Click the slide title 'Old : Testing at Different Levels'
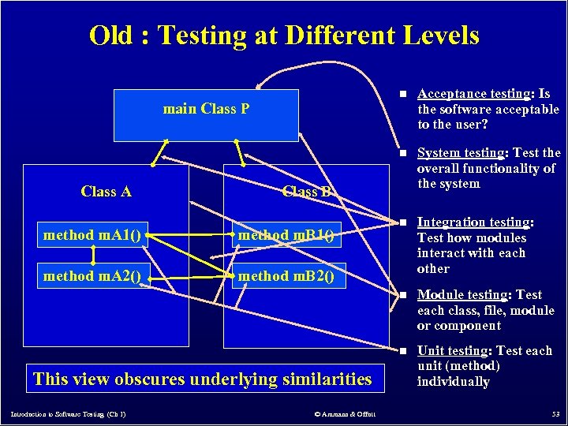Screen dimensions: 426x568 point(284,35)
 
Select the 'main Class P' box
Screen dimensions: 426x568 point(206,114)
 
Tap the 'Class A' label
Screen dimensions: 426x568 point(106,192)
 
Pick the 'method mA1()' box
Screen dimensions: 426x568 point(93,234)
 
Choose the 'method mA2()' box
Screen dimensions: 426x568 point(93,275)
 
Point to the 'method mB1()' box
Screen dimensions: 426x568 point(286,234)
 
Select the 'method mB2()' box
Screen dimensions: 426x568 point(286,275)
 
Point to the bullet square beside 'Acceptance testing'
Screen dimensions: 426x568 point(402,95)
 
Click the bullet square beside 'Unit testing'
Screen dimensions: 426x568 point(402,351)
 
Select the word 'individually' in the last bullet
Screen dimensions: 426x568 point(454,382)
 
